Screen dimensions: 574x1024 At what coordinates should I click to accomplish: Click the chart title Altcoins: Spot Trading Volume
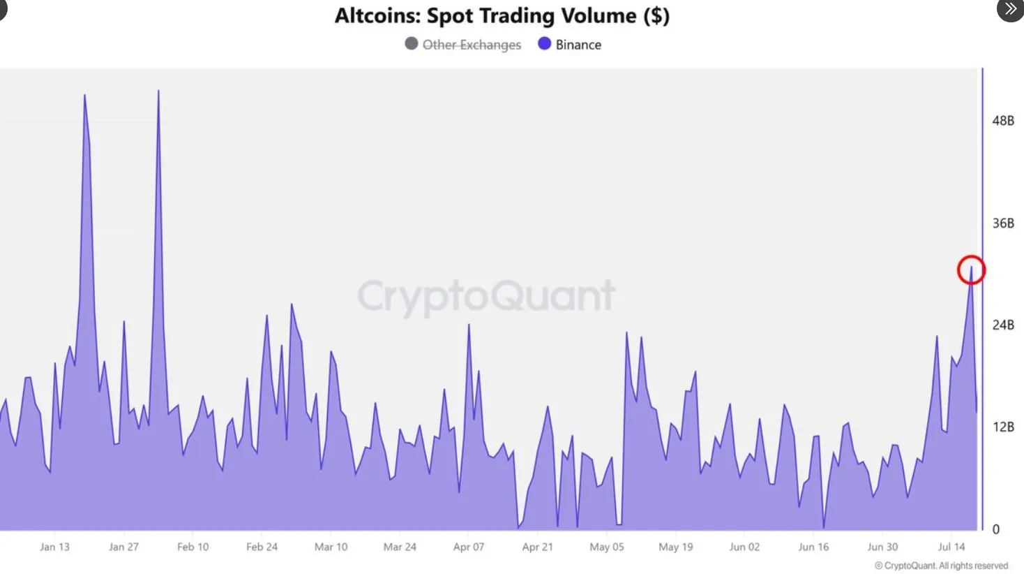(x=502, y=16)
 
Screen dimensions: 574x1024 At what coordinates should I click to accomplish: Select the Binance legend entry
(x=570, y=45)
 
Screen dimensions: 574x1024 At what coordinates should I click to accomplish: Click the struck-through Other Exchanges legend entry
(x=463, y=45)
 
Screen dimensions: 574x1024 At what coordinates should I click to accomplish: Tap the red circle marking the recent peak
(x=971, y=270)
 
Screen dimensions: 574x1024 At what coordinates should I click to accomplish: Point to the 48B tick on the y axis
(x=1002, y=121)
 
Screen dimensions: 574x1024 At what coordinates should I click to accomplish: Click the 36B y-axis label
(x=1002, y=223)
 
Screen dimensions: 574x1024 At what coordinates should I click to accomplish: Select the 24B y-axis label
(x=1002, y=325)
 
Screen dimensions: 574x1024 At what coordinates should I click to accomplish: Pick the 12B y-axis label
(x=1002, y=427)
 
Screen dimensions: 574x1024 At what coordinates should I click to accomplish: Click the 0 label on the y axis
(x=995, y=529)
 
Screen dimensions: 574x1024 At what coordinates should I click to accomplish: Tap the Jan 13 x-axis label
(x=54, y=547)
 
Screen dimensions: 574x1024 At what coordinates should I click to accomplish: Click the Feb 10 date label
(x=193, y=547)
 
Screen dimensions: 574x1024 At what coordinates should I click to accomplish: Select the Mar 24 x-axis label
(x=400, y=547)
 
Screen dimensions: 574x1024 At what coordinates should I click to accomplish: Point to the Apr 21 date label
(x=537, y=547)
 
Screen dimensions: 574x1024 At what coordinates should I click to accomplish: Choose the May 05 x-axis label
(x=606, y=547)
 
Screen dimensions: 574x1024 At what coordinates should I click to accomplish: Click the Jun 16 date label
(x=813, y=547)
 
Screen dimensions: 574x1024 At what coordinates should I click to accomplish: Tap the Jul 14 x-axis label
(x=951, y=547)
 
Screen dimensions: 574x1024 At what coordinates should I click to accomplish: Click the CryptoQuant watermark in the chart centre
(x=486, y=296)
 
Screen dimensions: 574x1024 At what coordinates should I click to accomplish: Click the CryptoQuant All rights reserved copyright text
(x=941, y=566)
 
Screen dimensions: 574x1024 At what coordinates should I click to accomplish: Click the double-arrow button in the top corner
(x=1010, y=10)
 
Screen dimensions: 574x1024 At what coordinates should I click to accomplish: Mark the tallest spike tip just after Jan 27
(x=158, y=91)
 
